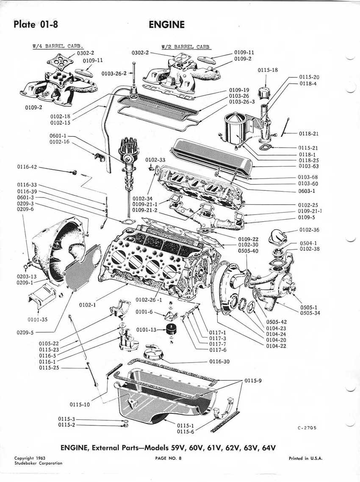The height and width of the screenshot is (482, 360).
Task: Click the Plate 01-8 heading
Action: click(36, 24)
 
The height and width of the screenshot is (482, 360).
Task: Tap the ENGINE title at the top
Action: click(167, 25)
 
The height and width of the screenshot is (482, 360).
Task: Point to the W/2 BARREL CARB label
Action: click(186, 47)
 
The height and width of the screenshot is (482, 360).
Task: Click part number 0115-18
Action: click(268, 70)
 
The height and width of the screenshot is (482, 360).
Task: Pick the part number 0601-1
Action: click(58, 136)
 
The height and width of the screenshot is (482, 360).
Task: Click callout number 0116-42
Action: click(27, 167)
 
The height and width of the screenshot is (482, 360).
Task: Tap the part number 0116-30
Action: click(219, 362)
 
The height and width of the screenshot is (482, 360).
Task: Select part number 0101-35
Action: click(38, 319)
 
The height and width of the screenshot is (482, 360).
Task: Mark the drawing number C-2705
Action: click(307, 428)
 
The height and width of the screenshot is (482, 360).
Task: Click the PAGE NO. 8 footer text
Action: click(168, 458)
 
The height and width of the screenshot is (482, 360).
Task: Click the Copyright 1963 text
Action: click(30, 458)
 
